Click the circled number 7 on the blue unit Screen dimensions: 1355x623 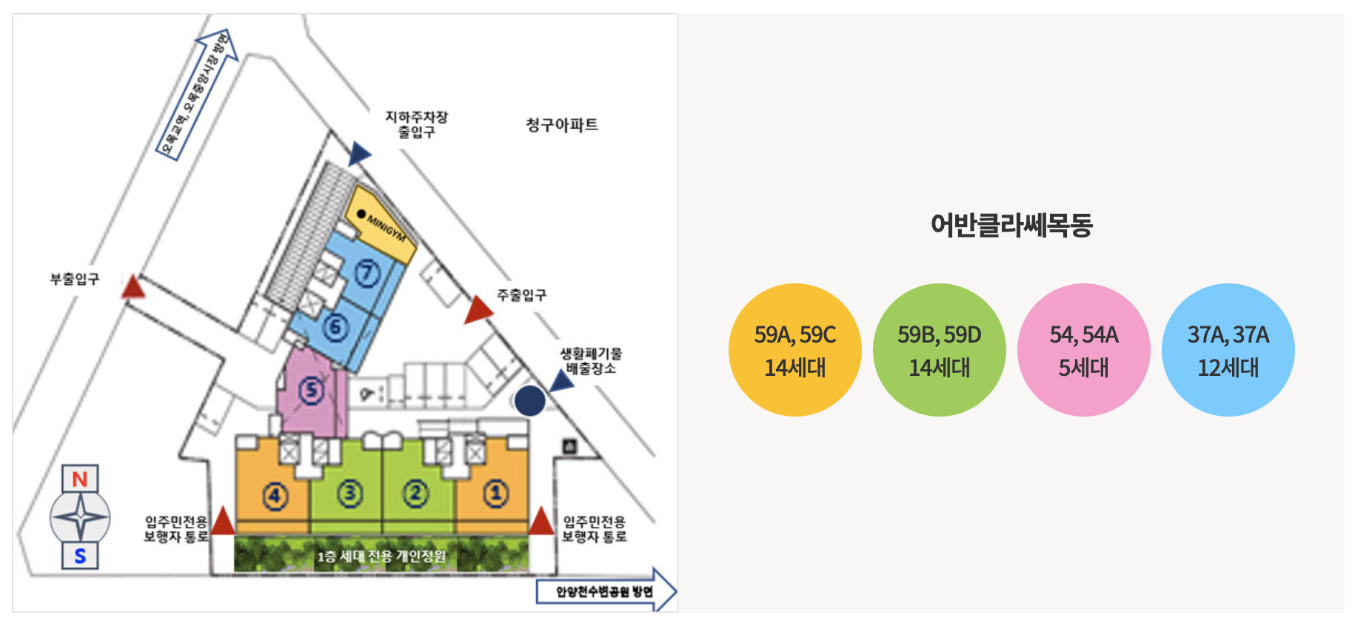click(367, 274)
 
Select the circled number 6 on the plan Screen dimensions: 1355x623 click(335, 326)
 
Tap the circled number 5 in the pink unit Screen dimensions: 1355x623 click(311, 390)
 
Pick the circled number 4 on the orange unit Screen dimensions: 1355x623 click(275, 495)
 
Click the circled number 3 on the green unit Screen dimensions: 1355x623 click(349, 493)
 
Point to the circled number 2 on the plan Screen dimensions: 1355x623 click(415, 493)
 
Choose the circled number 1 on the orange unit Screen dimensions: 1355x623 click(495, 493)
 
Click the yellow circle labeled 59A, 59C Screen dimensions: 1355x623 click(794, 350)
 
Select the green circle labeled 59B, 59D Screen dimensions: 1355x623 click(939, 350)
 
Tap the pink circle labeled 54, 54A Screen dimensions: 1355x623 click(1083, 350)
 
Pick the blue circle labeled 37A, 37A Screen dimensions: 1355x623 click(1228, 350)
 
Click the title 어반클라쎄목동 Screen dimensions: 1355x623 click(1011, 225)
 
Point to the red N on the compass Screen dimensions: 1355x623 click(80, 479)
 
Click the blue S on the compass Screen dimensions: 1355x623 click(80, 556)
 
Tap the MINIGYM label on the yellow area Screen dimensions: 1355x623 click(387, 229)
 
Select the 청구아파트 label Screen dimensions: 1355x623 click(561, 125)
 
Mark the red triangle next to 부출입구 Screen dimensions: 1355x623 click(133, 287)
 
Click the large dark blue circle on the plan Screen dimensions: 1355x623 click(529, 401)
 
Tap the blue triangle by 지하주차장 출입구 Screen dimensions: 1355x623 click(359, 154)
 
